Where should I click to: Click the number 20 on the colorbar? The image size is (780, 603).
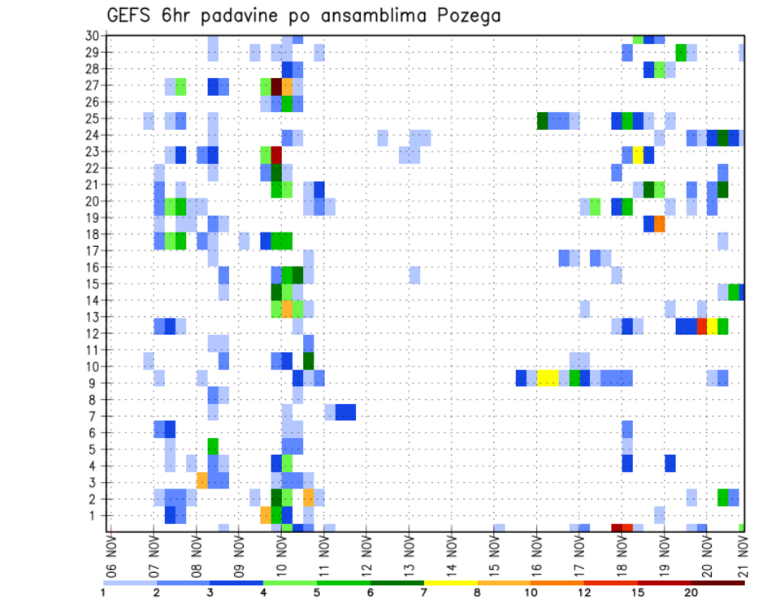point(691,592)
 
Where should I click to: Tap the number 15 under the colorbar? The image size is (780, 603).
point(637,592)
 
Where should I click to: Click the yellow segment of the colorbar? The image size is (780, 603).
point(451,582)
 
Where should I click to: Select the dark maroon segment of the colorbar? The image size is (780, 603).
point(717,582)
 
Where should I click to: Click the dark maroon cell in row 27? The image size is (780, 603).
point(276,86)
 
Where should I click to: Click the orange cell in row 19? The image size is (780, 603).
point(660,223)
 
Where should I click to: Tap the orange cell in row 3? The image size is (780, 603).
point(202,480)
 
